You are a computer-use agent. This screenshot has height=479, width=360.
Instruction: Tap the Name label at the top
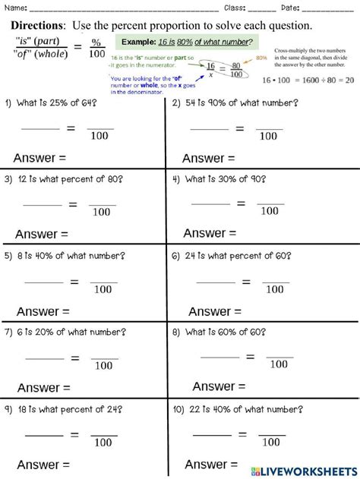click(16, 8)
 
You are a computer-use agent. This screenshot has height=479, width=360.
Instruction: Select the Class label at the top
click(236, 8)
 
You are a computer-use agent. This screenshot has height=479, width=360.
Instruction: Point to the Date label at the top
click(292, 8)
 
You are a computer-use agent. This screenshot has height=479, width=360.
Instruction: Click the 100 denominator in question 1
click(100, 137)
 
